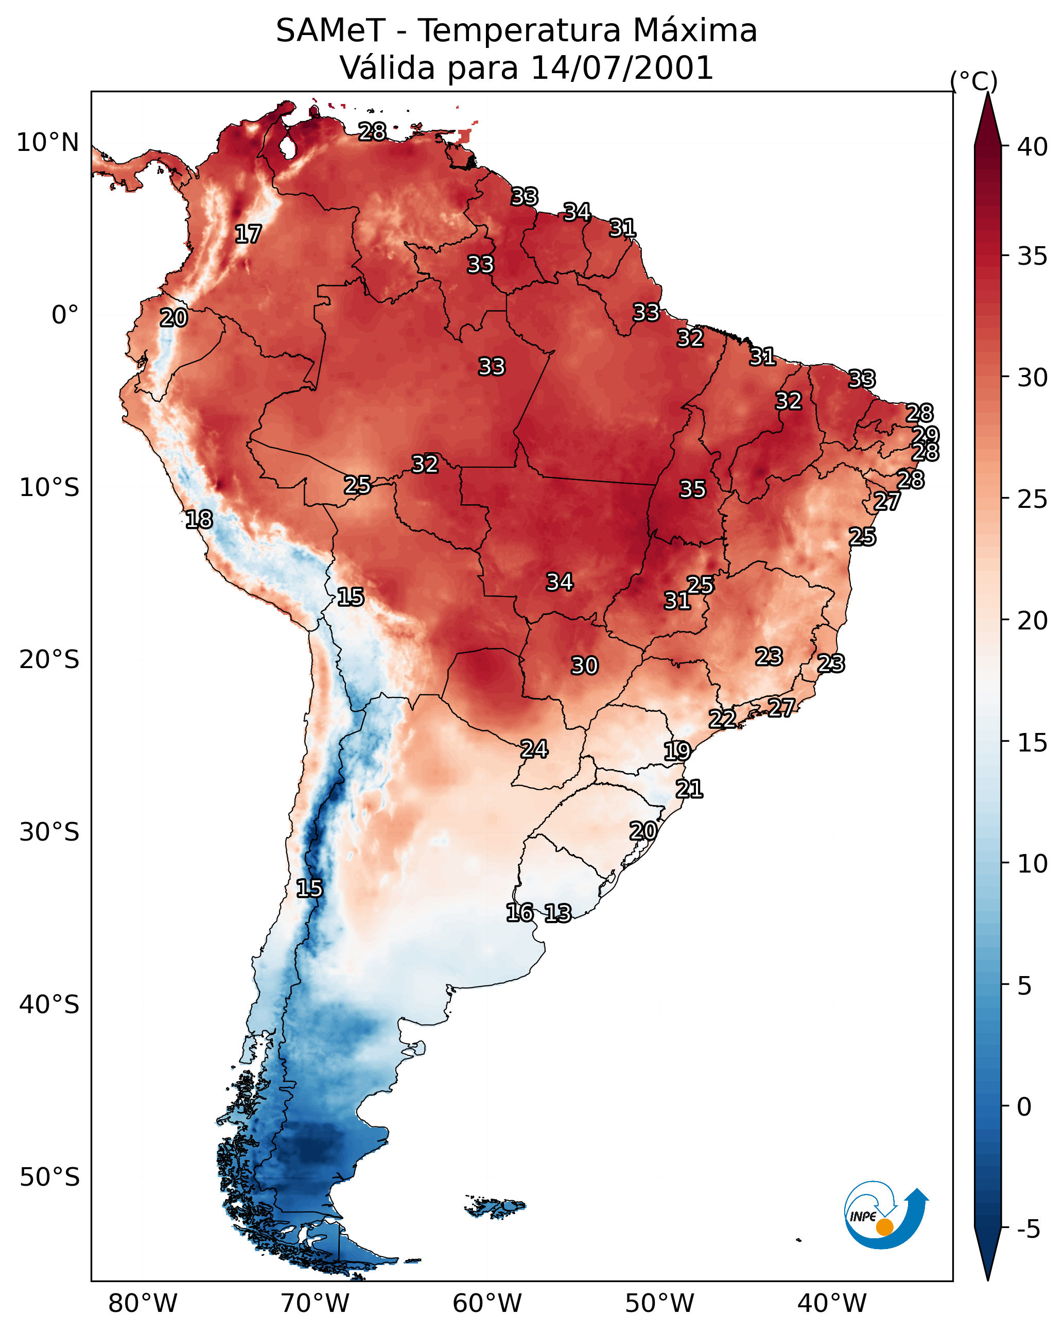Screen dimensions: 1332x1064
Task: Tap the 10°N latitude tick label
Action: [47, 143]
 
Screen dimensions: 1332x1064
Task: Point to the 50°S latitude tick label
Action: [49, 1177]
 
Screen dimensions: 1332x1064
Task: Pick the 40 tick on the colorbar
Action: [1032, 147]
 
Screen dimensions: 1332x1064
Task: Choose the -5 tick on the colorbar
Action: [1027, 1229]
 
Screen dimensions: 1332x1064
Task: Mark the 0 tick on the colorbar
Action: [1024, 1106]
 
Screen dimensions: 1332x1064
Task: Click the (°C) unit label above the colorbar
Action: [973, 81]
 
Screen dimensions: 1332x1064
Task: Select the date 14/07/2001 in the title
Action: [622, 68]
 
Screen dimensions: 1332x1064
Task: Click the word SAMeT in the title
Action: [330, 31]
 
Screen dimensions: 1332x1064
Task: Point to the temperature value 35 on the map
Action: [692, 489]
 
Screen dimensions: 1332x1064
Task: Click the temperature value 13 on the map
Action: [557, 913]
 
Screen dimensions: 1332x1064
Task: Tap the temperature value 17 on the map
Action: [248, 234]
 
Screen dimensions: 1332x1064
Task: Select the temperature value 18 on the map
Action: [199, 520]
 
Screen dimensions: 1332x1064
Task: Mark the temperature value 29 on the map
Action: [925, 435]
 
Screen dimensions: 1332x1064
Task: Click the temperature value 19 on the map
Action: [677, 752]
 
